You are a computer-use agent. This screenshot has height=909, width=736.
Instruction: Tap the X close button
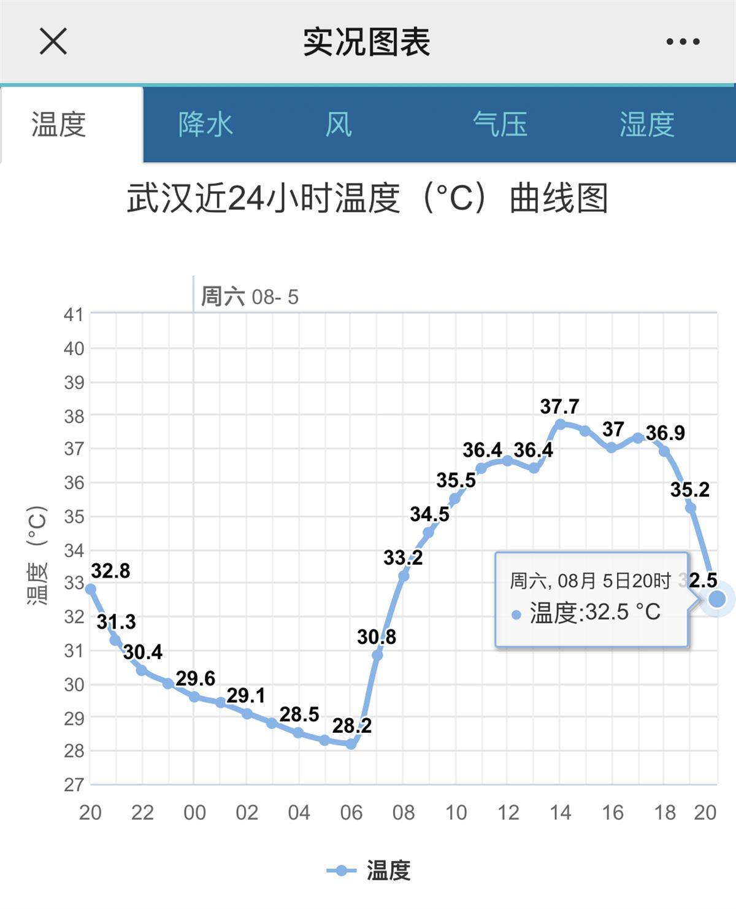click(x=53, y=42)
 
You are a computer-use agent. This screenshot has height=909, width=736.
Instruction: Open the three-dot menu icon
click(x=683, y=42)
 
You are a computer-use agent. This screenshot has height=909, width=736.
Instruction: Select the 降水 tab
click(x=205, y=125)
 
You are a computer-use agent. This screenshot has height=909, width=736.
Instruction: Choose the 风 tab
click(x=339, y=125)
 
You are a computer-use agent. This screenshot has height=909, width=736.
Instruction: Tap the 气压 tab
click(x=500, y=125)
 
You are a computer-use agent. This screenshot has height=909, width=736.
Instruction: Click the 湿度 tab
click(x=647, y=125)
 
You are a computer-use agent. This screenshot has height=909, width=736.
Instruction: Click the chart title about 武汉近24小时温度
click(x=367, y=198)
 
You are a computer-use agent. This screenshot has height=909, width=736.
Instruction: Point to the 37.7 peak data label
click(x=559, y=406)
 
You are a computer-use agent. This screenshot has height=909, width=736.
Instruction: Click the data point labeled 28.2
click(x=351, y=744)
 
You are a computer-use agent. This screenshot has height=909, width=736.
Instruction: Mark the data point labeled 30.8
click(x=377, y=656)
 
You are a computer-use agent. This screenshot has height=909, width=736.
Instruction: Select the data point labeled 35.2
click(x=691, y=508)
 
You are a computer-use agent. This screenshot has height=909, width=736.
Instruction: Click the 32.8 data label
click(x=110, y=571)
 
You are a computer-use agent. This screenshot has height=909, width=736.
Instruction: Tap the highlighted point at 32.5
click(x=716, y=598)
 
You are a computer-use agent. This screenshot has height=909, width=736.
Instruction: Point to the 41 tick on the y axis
click(x=74, y=314)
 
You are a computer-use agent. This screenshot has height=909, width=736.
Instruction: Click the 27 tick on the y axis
click(x=74, y=784)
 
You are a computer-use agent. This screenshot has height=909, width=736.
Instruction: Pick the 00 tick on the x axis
click(x=194, y=813)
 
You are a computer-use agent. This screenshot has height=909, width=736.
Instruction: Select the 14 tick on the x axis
click(x=560, y=813)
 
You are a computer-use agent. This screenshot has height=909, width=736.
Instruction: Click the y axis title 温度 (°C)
click(x=37, y=555)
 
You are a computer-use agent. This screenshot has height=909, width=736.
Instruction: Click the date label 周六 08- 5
click(x=250, y=297)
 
